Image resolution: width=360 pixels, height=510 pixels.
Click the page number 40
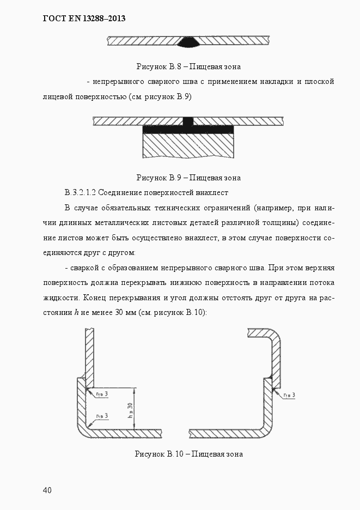47,490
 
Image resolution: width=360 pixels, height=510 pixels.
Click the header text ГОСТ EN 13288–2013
84,19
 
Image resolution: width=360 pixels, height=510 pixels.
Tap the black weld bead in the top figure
188,41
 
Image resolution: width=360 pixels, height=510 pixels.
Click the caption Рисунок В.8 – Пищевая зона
188,66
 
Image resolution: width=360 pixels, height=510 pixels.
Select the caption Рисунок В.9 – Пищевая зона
188,178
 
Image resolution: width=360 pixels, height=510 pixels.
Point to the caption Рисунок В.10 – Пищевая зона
188,454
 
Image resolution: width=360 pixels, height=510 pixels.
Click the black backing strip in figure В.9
188,130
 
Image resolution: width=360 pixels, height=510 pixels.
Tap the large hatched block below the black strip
188,146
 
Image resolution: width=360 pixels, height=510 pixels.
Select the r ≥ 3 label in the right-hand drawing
289,394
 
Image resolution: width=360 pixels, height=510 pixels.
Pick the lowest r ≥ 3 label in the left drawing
102,416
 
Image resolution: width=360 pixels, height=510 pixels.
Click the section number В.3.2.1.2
80,192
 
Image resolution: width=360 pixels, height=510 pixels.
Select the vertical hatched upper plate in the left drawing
90,354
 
